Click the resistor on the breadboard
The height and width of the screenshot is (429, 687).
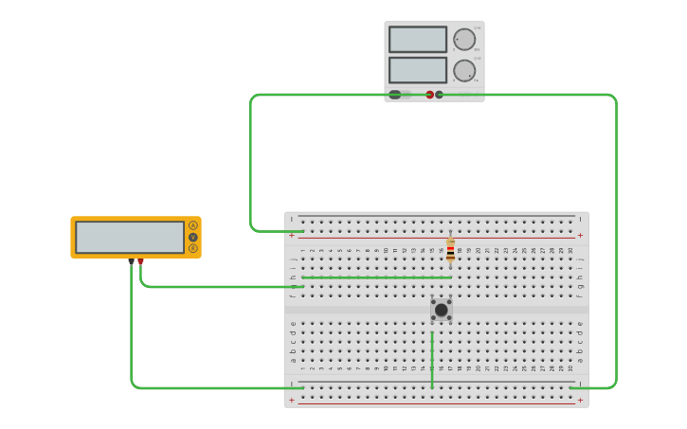click(x=450, y=250)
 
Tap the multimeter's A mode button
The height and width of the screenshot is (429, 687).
click(x=193, y=225)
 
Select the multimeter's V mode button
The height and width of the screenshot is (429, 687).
click(x=193, y=237)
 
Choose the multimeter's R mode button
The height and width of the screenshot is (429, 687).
click(x=193, y=248)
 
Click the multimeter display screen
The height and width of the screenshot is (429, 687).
click(x=130, y=237)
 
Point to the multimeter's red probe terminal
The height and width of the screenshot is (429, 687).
click(x=140, y=261)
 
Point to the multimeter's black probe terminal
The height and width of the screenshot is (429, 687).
click(x=131, y=261)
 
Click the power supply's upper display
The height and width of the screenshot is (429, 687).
click(x=417, y=40)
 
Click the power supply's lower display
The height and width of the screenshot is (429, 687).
click(x=417, y=70)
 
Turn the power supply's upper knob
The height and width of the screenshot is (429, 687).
click(x=463, y=40)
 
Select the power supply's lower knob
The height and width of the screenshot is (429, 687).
click(x=463, y=70)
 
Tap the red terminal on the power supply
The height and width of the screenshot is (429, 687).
click(x=429, y=95)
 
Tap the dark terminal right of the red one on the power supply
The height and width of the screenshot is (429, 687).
click(x=439, y=95)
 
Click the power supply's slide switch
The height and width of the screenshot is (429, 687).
click(x=398, y=95)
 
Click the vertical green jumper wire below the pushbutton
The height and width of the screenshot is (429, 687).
click(x=432, y=360)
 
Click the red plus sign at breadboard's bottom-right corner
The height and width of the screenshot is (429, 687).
click(x=580, y=401)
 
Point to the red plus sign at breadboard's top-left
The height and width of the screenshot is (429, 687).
click(x=292, y=235)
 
